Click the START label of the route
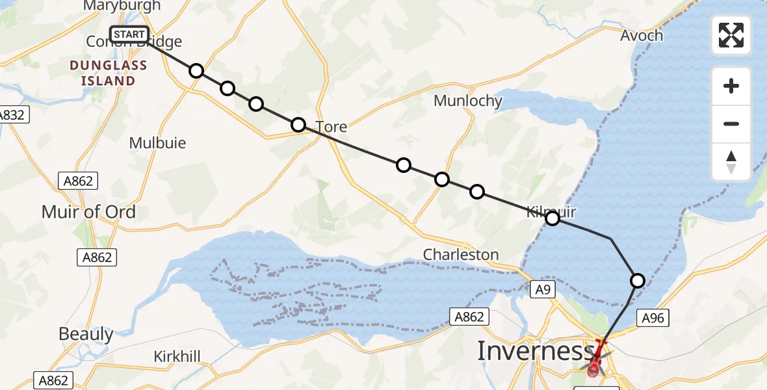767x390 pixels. [x=129, y=34]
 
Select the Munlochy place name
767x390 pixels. [x=468, y=101]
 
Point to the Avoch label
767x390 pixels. [x=642, y=35]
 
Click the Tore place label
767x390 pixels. [x=331, y=127]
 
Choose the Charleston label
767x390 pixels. [x=461, y=255]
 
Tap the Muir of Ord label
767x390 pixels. [x=88, y=212]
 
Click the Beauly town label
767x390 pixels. [x=86, y=334]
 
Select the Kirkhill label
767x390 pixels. [x=177, y=356]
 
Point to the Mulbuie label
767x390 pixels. [x=157, y=143]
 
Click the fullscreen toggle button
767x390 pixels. [x=731, y=35]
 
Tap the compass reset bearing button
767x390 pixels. [x=731, y=162]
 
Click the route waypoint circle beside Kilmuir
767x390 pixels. [x=552, y=218]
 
